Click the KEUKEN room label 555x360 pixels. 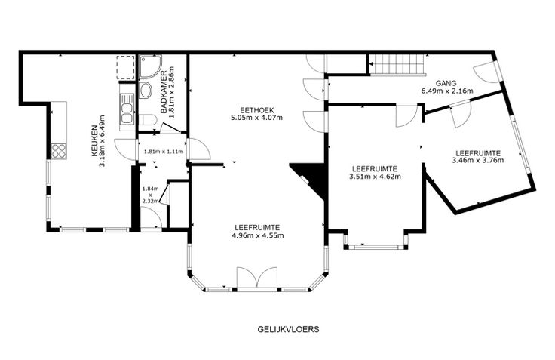(x=94, y=141)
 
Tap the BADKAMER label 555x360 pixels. (x=164, y=93)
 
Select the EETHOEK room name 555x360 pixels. (x=256, y=110)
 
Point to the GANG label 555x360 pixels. (x=446, y=83)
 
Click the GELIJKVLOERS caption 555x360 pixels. (x=289, y=329)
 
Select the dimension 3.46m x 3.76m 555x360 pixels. (x=478, y=160)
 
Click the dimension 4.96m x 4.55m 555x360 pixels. (x=258, y=235)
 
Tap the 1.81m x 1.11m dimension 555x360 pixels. (x=163, y=152)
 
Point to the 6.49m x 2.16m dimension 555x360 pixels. (x=447, y=91)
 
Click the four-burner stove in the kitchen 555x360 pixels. (x=59, y=151)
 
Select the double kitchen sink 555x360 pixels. (x=127, y=109)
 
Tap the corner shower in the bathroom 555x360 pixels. (x=150, y=66)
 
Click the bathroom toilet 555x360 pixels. (x=147, y=120)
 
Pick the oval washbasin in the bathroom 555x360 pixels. (x=145, y=91)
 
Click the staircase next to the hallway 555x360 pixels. (x=397, y=64)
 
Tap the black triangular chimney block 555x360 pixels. (x=311, y=179)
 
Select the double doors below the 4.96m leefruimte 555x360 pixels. (x=257, y=279)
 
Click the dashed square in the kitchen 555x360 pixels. (x=126, y=67)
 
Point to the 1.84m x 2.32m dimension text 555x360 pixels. (x=150, y=195)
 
